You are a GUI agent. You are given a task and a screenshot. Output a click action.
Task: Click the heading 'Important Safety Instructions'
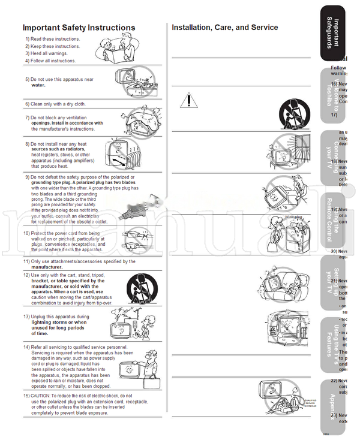pyautogui.click(x=79, y=28)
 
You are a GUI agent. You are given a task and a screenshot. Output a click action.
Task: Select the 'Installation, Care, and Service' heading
pyautogui.click(x=224, y=28)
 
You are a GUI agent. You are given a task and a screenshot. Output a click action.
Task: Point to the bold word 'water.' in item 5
pyautogui.click(x=38, y=85)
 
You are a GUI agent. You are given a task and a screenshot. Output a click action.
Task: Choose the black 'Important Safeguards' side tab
pyautogui.click(x=340, y=32)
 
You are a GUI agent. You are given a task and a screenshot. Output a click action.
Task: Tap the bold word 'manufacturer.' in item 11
pyautogui.click(x=47, y=267)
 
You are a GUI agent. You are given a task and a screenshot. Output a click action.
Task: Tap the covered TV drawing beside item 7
pyautogui.click(x=139, y=118)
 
